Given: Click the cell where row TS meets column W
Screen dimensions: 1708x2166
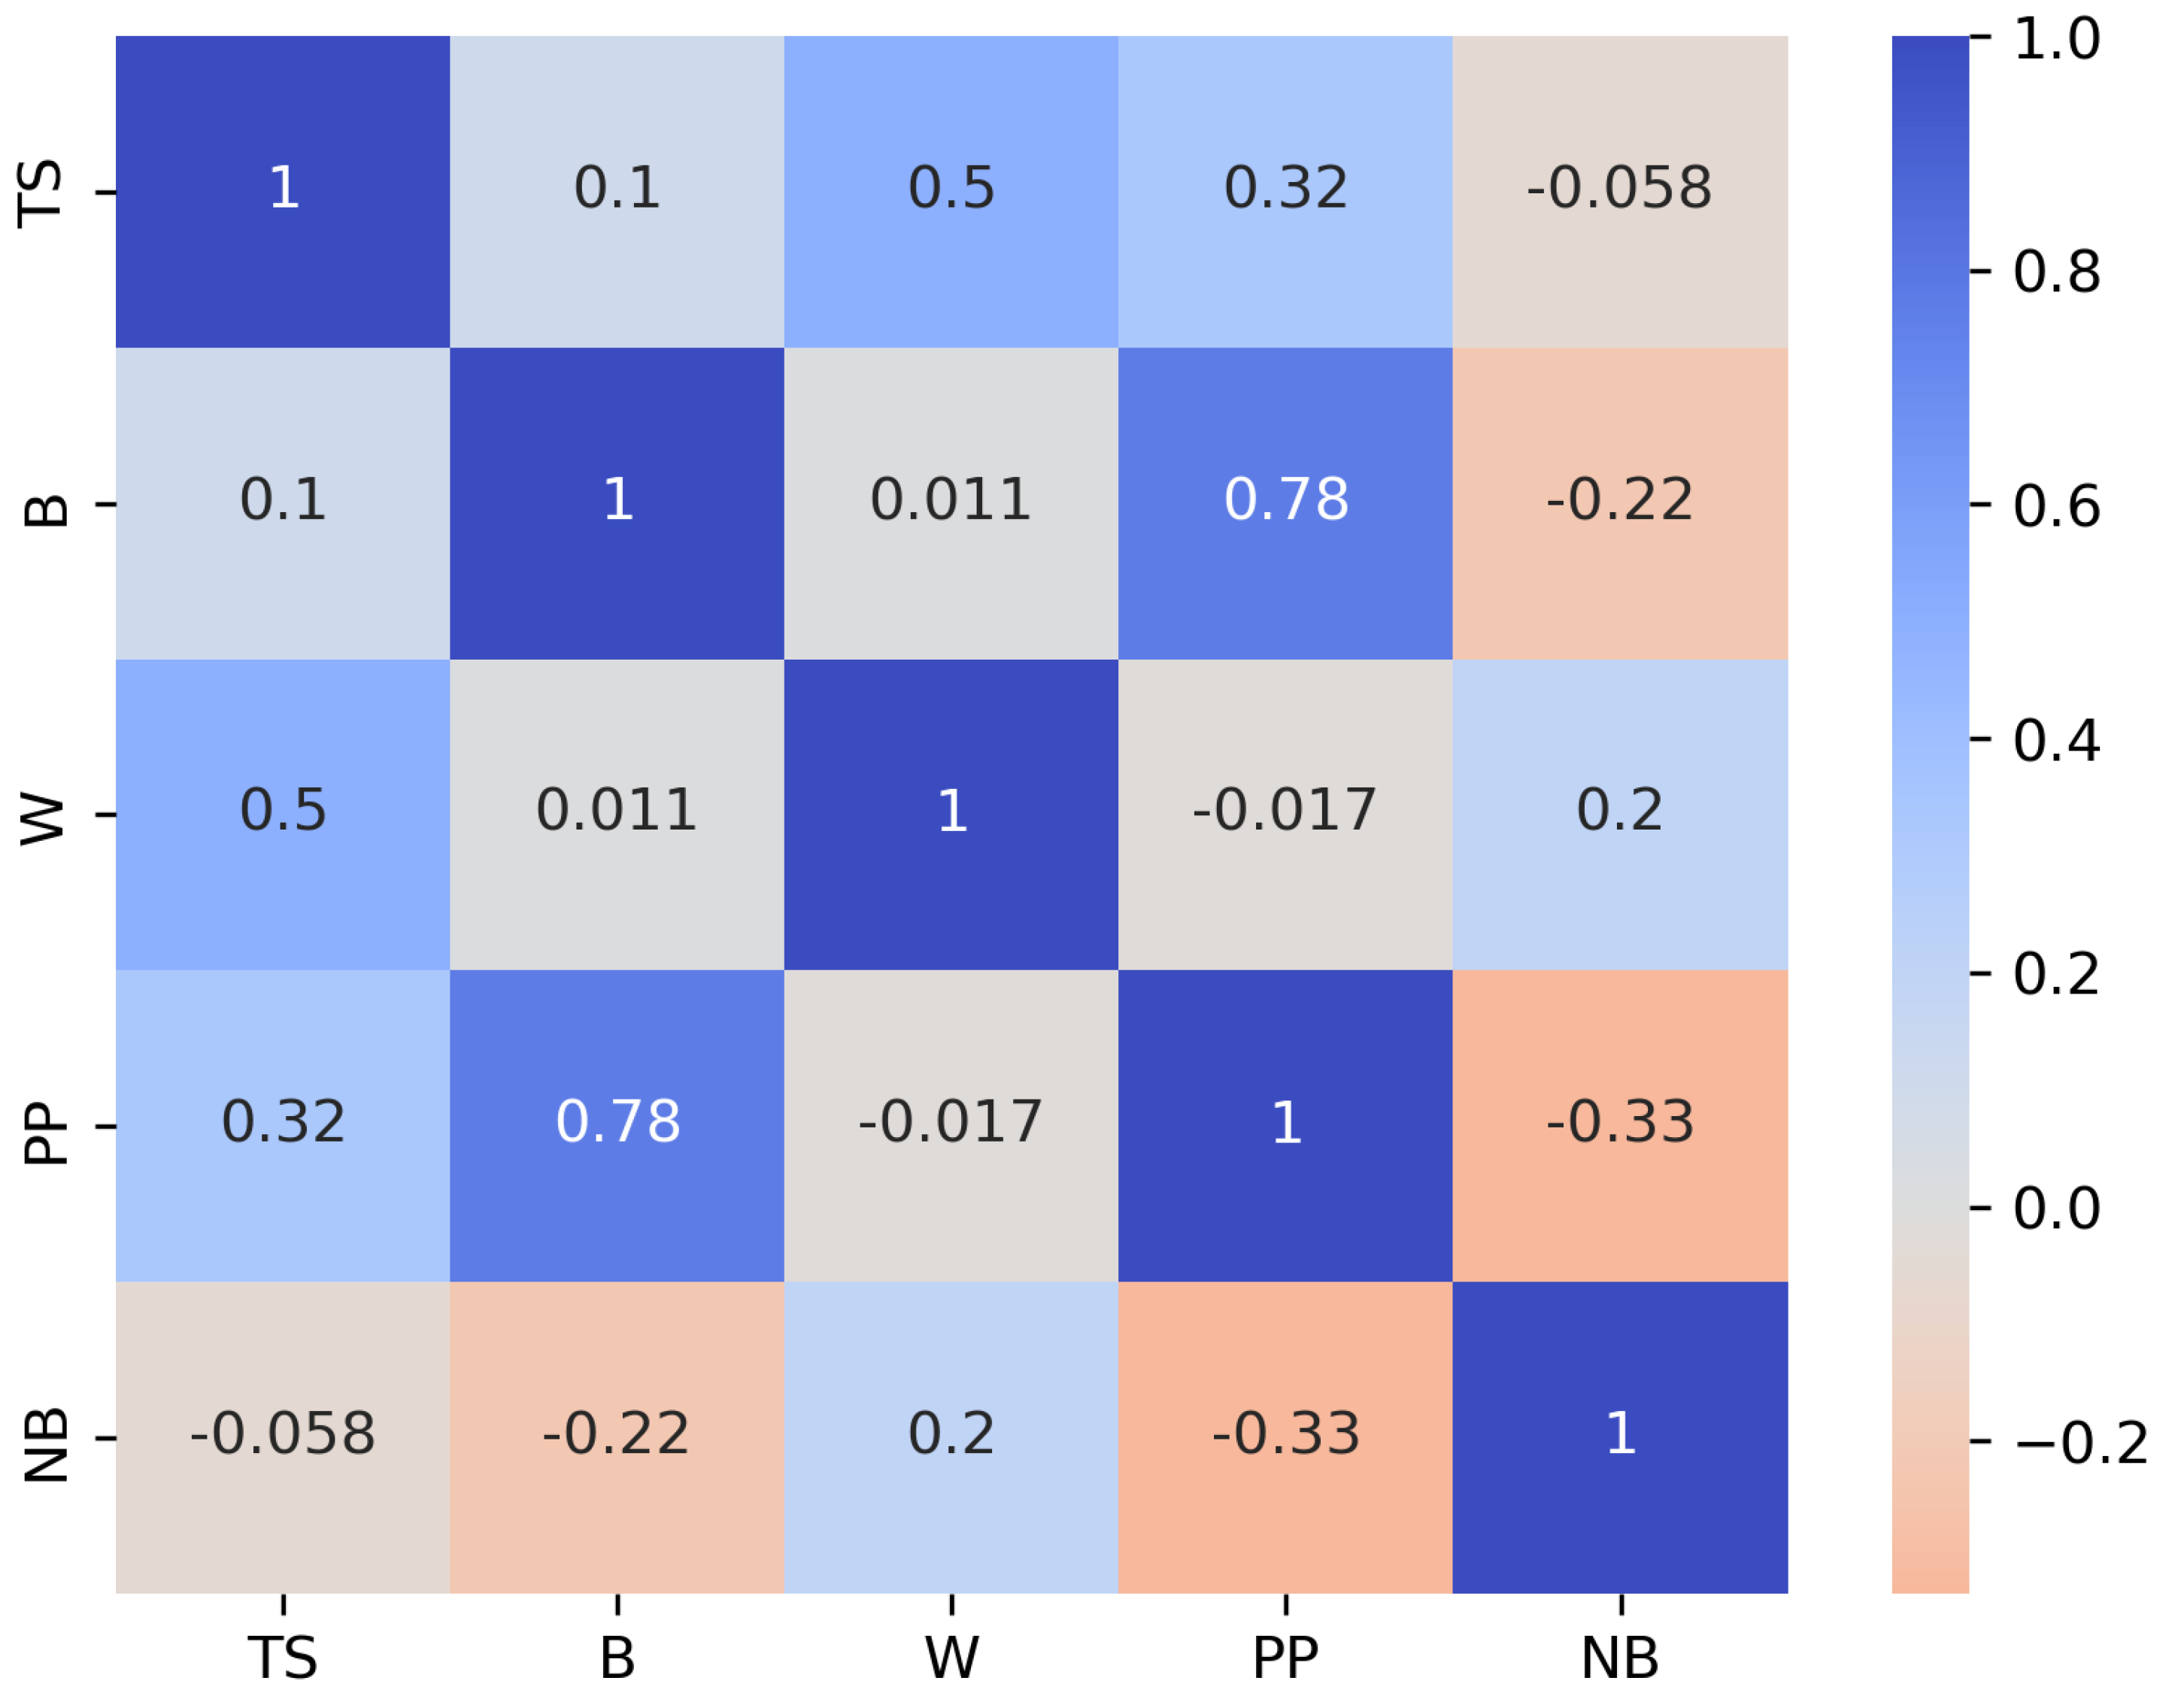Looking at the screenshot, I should (x=950, y=192).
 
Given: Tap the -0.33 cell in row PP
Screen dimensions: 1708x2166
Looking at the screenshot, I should (x=1619, y=1125).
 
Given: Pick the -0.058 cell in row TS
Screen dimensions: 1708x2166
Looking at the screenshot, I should (x=1619, y=192).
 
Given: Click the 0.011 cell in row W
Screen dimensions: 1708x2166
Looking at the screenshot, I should (x=616, y=814).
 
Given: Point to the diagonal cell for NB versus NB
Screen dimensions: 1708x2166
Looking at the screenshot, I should (x=1619, y=1437).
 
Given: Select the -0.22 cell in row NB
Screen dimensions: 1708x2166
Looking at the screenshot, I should (x=616, y=1437).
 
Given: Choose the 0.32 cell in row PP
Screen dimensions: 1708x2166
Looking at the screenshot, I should (x=283, y=1125).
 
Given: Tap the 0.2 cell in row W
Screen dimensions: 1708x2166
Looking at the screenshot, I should (x=1619, y=814).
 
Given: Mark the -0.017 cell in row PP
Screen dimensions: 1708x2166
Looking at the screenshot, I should (x=950, y=1125).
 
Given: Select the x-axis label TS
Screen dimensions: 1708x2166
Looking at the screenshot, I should (x=283, y=1659).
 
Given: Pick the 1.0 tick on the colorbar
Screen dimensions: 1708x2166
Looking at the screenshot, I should (x=2056, y=40).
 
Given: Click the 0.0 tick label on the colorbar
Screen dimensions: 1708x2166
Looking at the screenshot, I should (x=2056, y=1208).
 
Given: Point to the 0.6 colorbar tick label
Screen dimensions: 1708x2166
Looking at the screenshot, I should (x=2056, y=505).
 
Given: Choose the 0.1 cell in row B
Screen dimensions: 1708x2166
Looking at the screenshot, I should (x=283, y=503).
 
